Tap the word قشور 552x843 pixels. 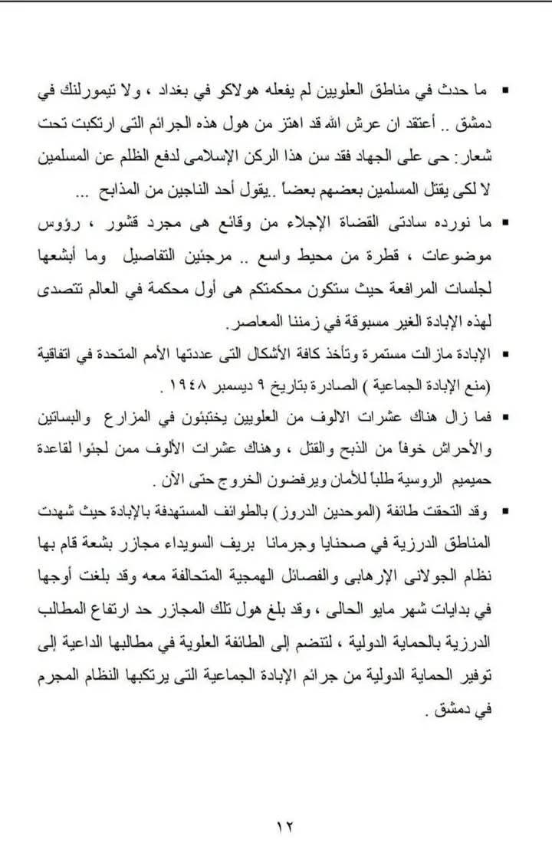pyautogui.click(x=141, y=224)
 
